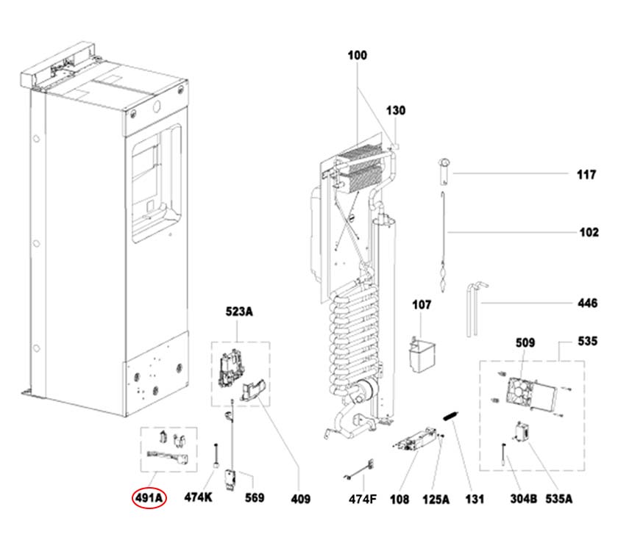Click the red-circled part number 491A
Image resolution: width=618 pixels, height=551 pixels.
pyautogui.click(x=150, y=499)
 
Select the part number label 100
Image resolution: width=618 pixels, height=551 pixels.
pyautogui.click(x=358, y=56)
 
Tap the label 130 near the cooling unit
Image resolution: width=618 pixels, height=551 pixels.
pyautogui.click(x=396, y=111)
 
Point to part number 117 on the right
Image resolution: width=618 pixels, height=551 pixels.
pyautogui.click(x=587, y=175)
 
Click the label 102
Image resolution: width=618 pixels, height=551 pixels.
pyautogui.click(x=589, y=233)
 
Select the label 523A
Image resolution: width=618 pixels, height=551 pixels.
pyautogui.click(x=238, y=312)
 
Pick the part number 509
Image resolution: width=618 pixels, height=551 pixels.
pyautogui.click(x=525, y=342)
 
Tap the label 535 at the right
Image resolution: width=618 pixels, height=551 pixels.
pyautogui.click(x=587, y=342)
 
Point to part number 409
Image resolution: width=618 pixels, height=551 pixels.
pyautogui.click(x=300, y=500)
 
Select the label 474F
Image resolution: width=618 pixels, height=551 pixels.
pyautogui.click(x=362, y=500)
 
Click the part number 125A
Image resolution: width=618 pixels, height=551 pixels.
pyautogui.click(x=436, y=500)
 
